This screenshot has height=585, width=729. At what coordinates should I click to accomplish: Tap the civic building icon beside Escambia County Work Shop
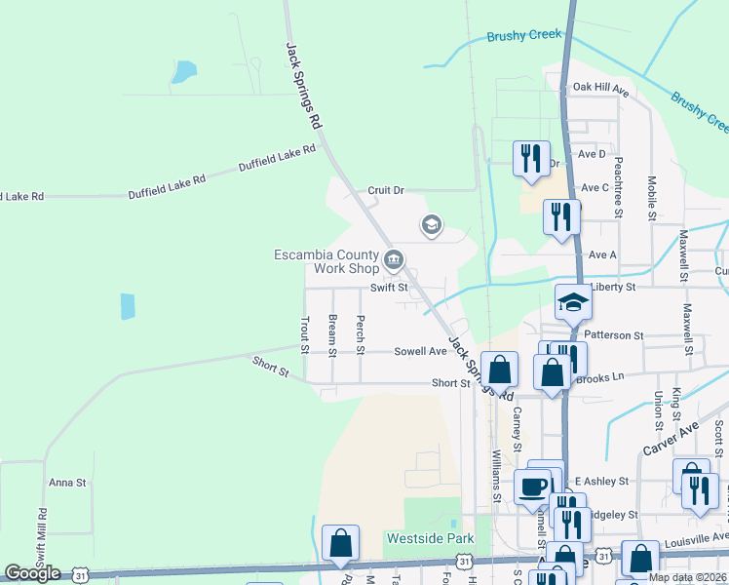pos(394,259)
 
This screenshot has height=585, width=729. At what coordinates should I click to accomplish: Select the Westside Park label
pos(430,538)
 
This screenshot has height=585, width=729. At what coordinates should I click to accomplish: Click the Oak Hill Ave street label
pos(600,88)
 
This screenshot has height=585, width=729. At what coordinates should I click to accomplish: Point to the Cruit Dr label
pos(385,190)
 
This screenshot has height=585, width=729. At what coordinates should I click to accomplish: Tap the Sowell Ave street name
pos(420,351)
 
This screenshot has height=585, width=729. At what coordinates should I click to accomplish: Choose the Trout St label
pos(304,334)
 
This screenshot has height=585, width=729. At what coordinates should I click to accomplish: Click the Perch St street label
pos(361,334)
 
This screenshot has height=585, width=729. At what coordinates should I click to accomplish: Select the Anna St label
pos(68,482)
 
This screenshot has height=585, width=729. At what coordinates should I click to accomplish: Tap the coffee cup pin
pos(532,486)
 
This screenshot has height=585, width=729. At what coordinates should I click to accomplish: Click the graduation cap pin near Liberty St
pos(573,302)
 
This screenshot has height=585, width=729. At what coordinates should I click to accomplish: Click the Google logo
pos(31,573)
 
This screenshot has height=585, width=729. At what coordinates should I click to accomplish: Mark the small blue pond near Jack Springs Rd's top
pos(183,72)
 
